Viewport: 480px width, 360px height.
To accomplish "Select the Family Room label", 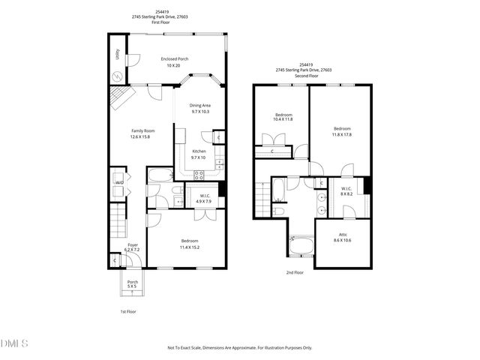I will (x=141, y=131).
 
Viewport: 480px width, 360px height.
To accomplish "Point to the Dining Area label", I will (x=199, y=106).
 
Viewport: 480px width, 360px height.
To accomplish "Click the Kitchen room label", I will (x=198, y=151).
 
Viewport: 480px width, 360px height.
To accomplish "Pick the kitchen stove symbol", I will (x=200, y=175).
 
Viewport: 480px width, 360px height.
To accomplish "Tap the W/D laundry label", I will (x=118, y=182).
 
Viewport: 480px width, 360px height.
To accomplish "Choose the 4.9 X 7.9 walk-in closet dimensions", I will (x=204, y=201).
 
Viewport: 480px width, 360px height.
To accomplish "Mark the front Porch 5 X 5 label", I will (x=132, y=286).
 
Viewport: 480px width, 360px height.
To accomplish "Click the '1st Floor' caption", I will (x=128, y=311).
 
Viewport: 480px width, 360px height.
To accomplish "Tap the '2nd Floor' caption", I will (x=295, y=272).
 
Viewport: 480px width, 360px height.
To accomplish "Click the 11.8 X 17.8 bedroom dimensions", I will (x=342, y=134).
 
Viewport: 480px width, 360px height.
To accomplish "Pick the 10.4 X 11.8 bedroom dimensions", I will (x=283, y=119).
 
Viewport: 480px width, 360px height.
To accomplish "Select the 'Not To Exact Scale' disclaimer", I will (x=239, y=348).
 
